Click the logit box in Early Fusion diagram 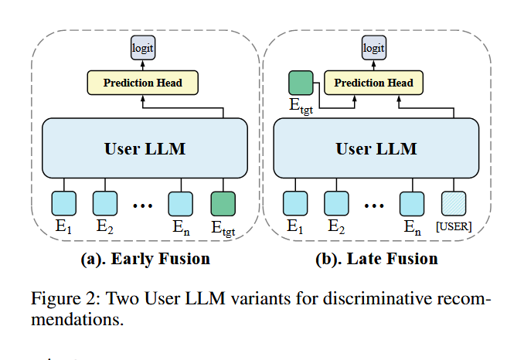[x=143, y=49]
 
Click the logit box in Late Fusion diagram [x=373, y=49]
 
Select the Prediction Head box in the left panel [x=143, y=82]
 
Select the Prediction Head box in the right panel [x=374, y=82]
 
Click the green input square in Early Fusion [x=223, y=203]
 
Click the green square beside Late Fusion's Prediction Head [x=300, y=83]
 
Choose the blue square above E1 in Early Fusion [x=64, y=203]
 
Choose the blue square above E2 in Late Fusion [x=336, y=203]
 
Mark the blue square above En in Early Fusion [x=181, y=203]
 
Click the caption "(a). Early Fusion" [x=145, y=259]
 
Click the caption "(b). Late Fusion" [x=376, y=259]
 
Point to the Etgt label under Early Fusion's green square [x=223, y=228]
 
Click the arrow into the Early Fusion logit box [x=143, y=64]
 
